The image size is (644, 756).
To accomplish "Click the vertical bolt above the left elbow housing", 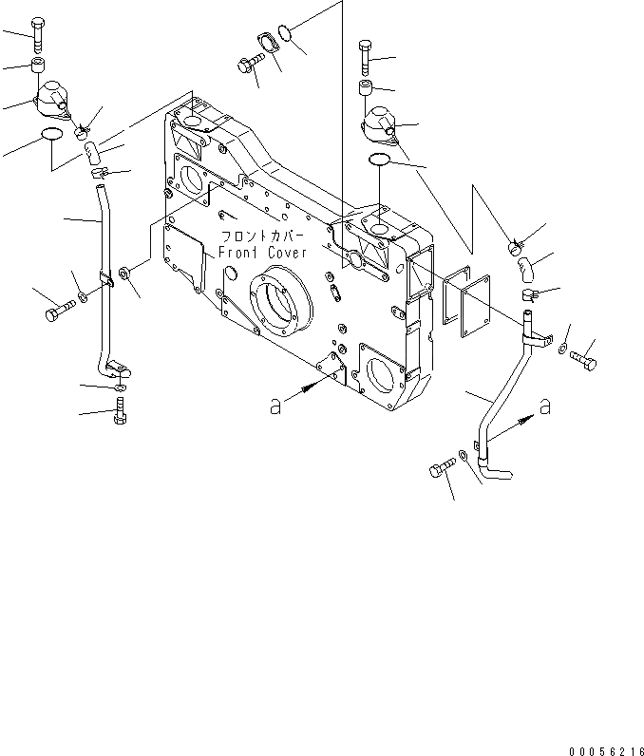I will [x=38, y=35].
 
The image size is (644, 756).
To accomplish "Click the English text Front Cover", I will [x=261, y=253].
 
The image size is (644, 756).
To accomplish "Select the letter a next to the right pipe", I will [x=545, y=407].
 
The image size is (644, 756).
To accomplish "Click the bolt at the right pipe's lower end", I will [x=440, y=470].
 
